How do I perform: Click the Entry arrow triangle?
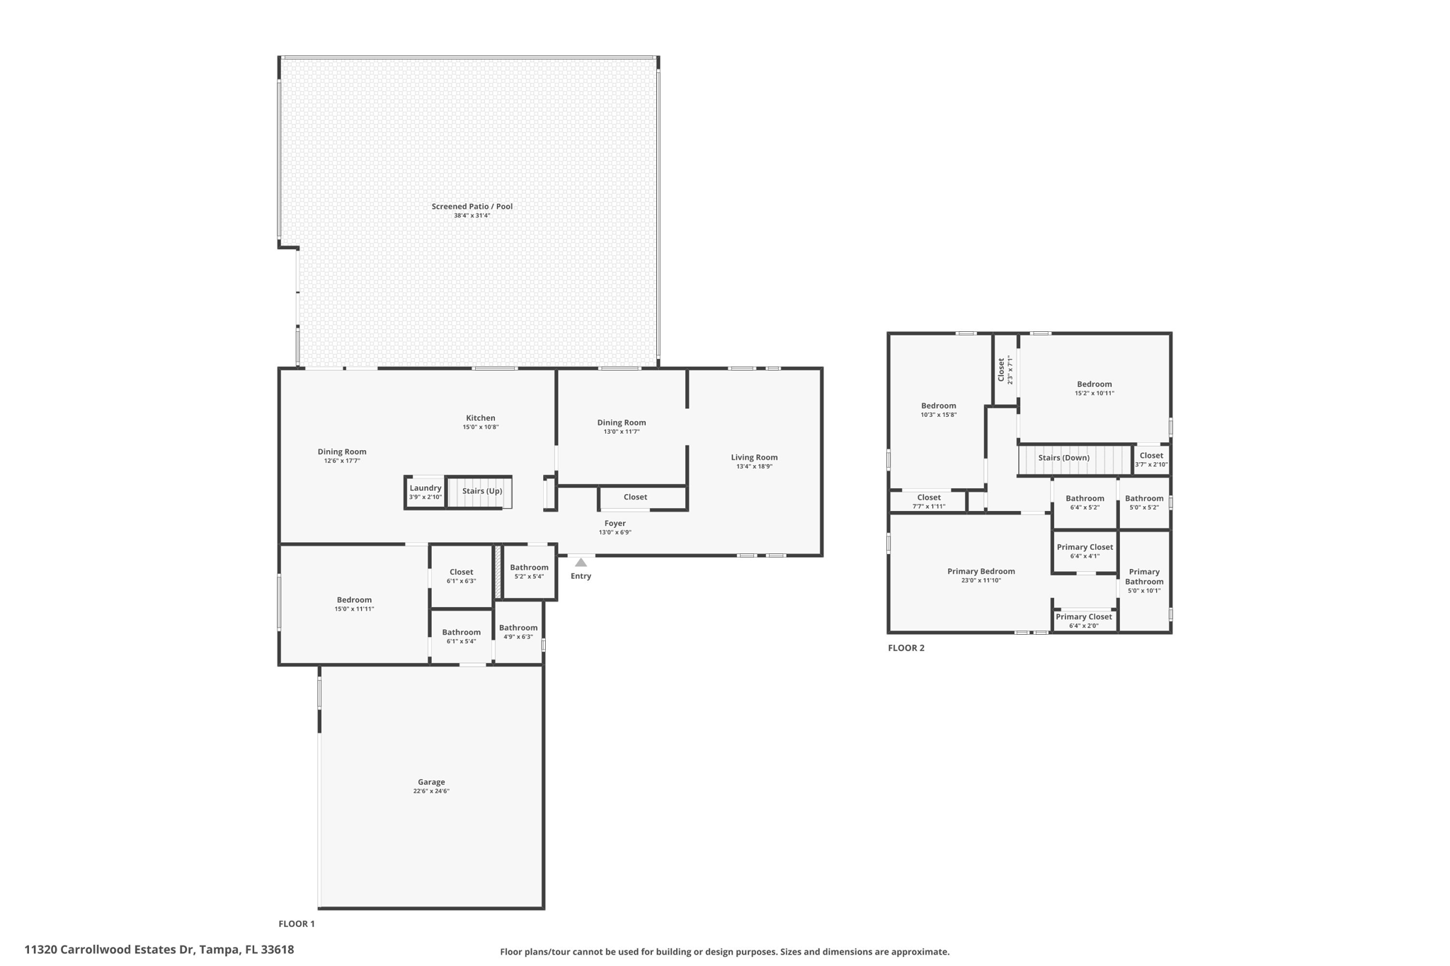(x=581, y=563)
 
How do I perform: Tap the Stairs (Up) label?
(x=482, y=491)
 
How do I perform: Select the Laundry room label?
(x=425, y=488)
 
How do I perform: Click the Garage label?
(x=431, y=782)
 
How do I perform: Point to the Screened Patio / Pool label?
(x=472, y=207)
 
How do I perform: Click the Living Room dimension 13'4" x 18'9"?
(x=754, y=466)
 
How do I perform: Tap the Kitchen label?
(x=480, y=418)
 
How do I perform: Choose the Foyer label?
(x=615, y=524)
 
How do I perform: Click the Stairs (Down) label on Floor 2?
(x=1063, y=458)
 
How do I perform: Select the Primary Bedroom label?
(x=981, y=571)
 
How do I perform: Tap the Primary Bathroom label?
(x=1144, y=577)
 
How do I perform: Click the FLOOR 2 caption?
(x=906, y=648)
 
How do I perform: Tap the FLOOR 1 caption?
(x=296, y=924)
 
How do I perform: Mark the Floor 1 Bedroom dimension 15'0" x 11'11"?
(x=354, y=609)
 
